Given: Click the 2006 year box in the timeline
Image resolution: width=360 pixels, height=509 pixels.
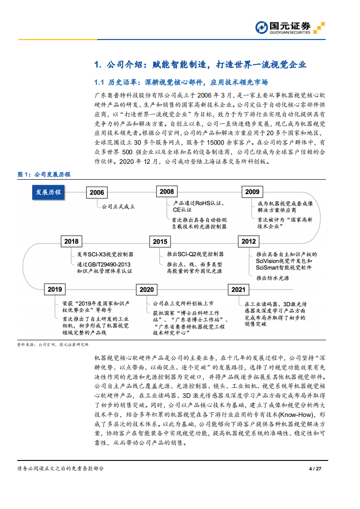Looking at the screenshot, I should click(x=97, y=192).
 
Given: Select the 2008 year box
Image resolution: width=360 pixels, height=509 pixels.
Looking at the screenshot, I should click(x=166, y=192).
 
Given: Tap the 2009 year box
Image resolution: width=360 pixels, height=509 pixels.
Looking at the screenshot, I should click(x=252, y=192).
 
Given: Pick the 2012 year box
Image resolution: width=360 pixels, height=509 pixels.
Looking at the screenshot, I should click(x=248, y=242).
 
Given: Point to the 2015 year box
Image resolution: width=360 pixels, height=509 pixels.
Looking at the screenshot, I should click(x=160, y=242).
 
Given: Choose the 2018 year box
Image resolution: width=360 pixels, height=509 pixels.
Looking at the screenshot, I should click(x=71, y=242).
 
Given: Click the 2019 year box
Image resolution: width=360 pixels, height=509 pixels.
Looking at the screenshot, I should click(x=54, y=289).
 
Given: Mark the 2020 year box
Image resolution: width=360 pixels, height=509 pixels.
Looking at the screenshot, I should click(x=146, y=289).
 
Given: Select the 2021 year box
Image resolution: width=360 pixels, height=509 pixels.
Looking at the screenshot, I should click(x=238, y=289).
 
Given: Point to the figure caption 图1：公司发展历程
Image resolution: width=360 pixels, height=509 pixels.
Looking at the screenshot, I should click(x=44, y=175).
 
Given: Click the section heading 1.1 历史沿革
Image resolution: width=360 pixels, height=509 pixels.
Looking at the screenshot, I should click(x=180, y=83).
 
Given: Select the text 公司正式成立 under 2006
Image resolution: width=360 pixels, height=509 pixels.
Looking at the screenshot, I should click(x=118, y=207).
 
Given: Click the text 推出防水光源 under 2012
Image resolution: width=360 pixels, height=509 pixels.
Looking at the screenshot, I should click(x=272, y=278).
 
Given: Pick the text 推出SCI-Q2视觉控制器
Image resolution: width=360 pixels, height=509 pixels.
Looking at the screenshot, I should click(x=195, y=254).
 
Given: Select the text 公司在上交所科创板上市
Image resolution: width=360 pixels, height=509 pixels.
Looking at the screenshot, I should click(x=183, y=303).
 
